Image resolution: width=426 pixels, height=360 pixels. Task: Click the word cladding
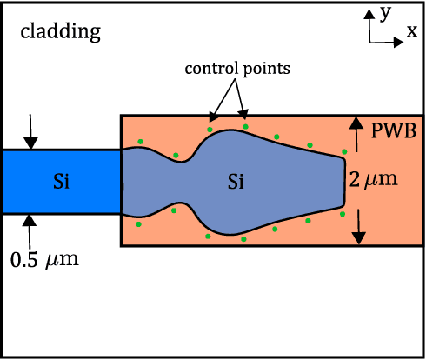click(x=61, y=33)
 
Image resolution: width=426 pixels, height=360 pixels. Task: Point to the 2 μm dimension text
click(x=375, y=181)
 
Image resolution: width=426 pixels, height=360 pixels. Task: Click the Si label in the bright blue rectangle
click(x=61, y=182)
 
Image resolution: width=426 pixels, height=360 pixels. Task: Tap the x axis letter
click(x=410, y=31)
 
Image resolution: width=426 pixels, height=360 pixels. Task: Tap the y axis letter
click(x=384, y=12)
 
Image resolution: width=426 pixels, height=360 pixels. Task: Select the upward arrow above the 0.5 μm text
click(x=31, y=229)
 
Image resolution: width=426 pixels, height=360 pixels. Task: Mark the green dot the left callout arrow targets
click(x=209, y=130)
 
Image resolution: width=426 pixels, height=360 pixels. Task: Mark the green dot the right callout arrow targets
click(x=245, y=127)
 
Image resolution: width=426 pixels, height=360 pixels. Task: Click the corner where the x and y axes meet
click(x=371, y=41)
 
